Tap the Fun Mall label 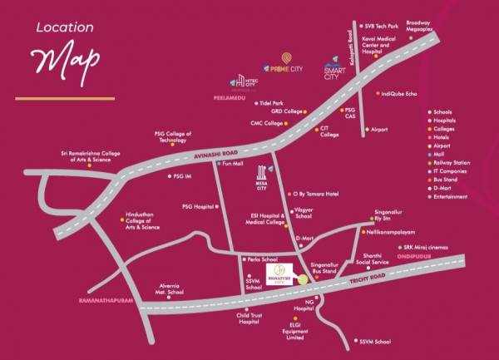[232, 164]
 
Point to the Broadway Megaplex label [420, 27]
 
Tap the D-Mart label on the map [308, 239]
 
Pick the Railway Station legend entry [454, 162]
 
